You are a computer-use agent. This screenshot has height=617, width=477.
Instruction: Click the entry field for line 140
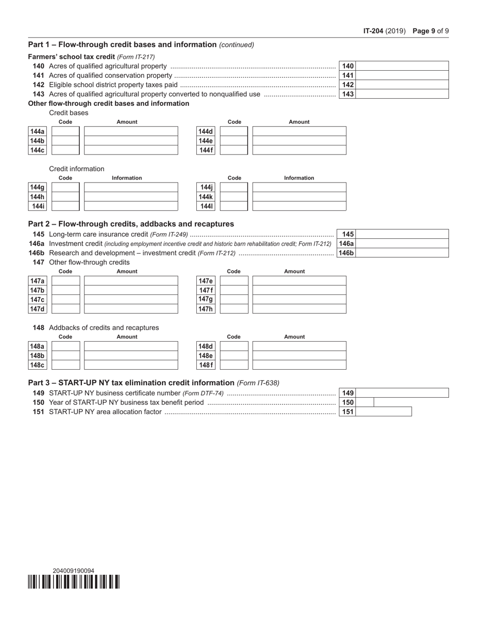point(402,66)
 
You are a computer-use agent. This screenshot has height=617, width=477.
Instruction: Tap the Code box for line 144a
point(66,131)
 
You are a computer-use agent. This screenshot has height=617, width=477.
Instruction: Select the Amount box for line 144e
point(299,140)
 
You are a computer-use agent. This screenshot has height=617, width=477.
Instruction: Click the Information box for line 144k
point(299,197)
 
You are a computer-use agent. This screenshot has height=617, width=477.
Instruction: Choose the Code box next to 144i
point(66,206)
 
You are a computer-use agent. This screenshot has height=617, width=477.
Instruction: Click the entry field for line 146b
point(402,253)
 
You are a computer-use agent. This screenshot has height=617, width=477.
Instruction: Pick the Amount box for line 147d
point(131,309)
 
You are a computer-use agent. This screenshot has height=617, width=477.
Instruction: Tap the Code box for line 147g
point(234,299)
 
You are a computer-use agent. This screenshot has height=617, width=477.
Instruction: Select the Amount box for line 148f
point(299,365)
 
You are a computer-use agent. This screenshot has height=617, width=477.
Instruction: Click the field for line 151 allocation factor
point(384,412)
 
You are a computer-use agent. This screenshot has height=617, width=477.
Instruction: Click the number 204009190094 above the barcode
point(73,571)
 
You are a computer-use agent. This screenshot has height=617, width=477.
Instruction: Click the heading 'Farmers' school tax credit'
point(71,57)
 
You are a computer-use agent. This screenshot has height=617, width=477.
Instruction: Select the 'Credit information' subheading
point(77,169)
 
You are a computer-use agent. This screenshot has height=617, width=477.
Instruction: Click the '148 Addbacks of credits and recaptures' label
point(95,328)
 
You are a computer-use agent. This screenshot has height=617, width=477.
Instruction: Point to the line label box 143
point(348,94)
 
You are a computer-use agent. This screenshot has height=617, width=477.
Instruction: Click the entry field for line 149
point(402,393)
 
